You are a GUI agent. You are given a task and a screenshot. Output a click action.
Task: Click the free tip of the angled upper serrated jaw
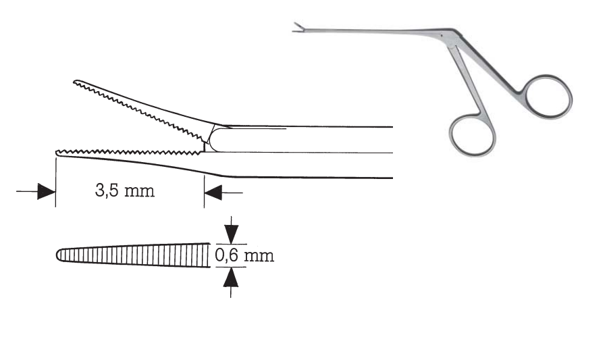coord(74,82)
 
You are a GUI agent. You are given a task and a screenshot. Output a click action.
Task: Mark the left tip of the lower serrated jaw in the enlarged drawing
coord(56,153)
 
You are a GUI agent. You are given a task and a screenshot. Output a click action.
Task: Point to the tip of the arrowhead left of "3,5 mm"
coord(55,192)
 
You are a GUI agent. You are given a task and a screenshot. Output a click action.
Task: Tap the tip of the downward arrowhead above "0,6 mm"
coord(231,243)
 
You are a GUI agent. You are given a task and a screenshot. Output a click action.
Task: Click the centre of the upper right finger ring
coord(548,97)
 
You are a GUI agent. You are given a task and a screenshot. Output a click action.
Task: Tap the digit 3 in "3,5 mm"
coord(99,190)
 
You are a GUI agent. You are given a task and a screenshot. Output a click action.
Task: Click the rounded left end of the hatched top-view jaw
coord(57,255)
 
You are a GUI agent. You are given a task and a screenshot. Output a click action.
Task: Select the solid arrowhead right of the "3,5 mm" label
coord(213,192)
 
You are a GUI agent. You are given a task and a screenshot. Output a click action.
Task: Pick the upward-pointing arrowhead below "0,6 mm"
coord(231,278)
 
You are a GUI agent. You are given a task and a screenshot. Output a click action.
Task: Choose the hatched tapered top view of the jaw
coord(134,255)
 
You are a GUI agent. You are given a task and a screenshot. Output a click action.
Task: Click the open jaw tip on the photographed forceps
coord(298,28)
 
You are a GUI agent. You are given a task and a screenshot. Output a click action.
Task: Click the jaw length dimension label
coord(125,190)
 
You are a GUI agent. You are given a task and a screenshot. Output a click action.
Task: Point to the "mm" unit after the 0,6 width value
coord(259,257)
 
